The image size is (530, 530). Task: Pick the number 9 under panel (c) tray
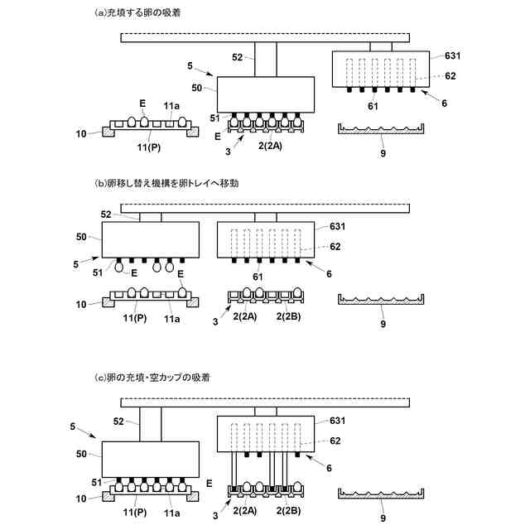click(x=382, y=518)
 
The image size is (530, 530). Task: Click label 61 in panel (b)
click(x=258, y=277)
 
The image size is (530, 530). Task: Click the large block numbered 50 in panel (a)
click(x=265, y=93)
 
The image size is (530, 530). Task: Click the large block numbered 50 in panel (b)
click(x=150, y=238)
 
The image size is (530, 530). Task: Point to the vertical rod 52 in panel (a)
click(x=265, y=59)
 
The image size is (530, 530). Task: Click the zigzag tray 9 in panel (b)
click(x=382, y=300)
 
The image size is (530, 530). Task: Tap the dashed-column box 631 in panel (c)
click(x=265, y=432)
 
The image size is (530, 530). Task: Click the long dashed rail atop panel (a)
click(x=265, y=36)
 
